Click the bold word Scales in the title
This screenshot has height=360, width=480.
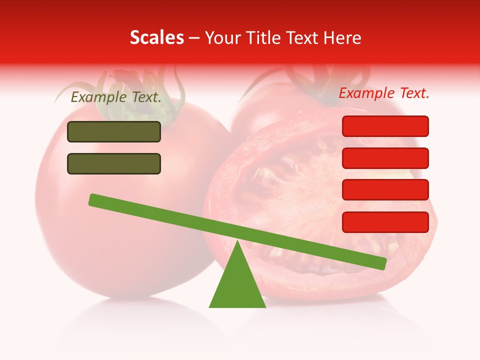click(x=156, y=37)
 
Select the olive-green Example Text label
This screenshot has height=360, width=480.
click(x=116, y=97)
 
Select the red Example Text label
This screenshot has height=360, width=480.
click(x=384, y=93)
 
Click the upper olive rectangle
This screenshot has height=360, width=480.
click(x=114, y=131)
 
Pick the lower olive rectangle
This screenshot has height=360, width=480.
click(x=114, y=163)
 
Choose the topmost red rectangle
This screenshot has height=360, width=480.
click(x=385, y=126)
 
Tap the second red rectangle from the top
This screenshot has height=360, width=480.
click(x=385, y=158)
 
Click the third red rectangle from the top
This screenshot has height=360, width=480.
click(x=385, y=189)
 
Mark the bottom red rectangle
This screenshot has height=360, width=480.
click(x=385, y=222)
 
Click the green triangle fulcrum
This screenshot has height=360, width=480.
click(x=237, y=285)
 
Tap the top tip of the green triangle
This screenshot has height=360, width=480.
click(x=237, y=242)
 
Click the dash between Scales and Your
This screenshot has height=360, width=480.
click(x=194, y=38)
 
